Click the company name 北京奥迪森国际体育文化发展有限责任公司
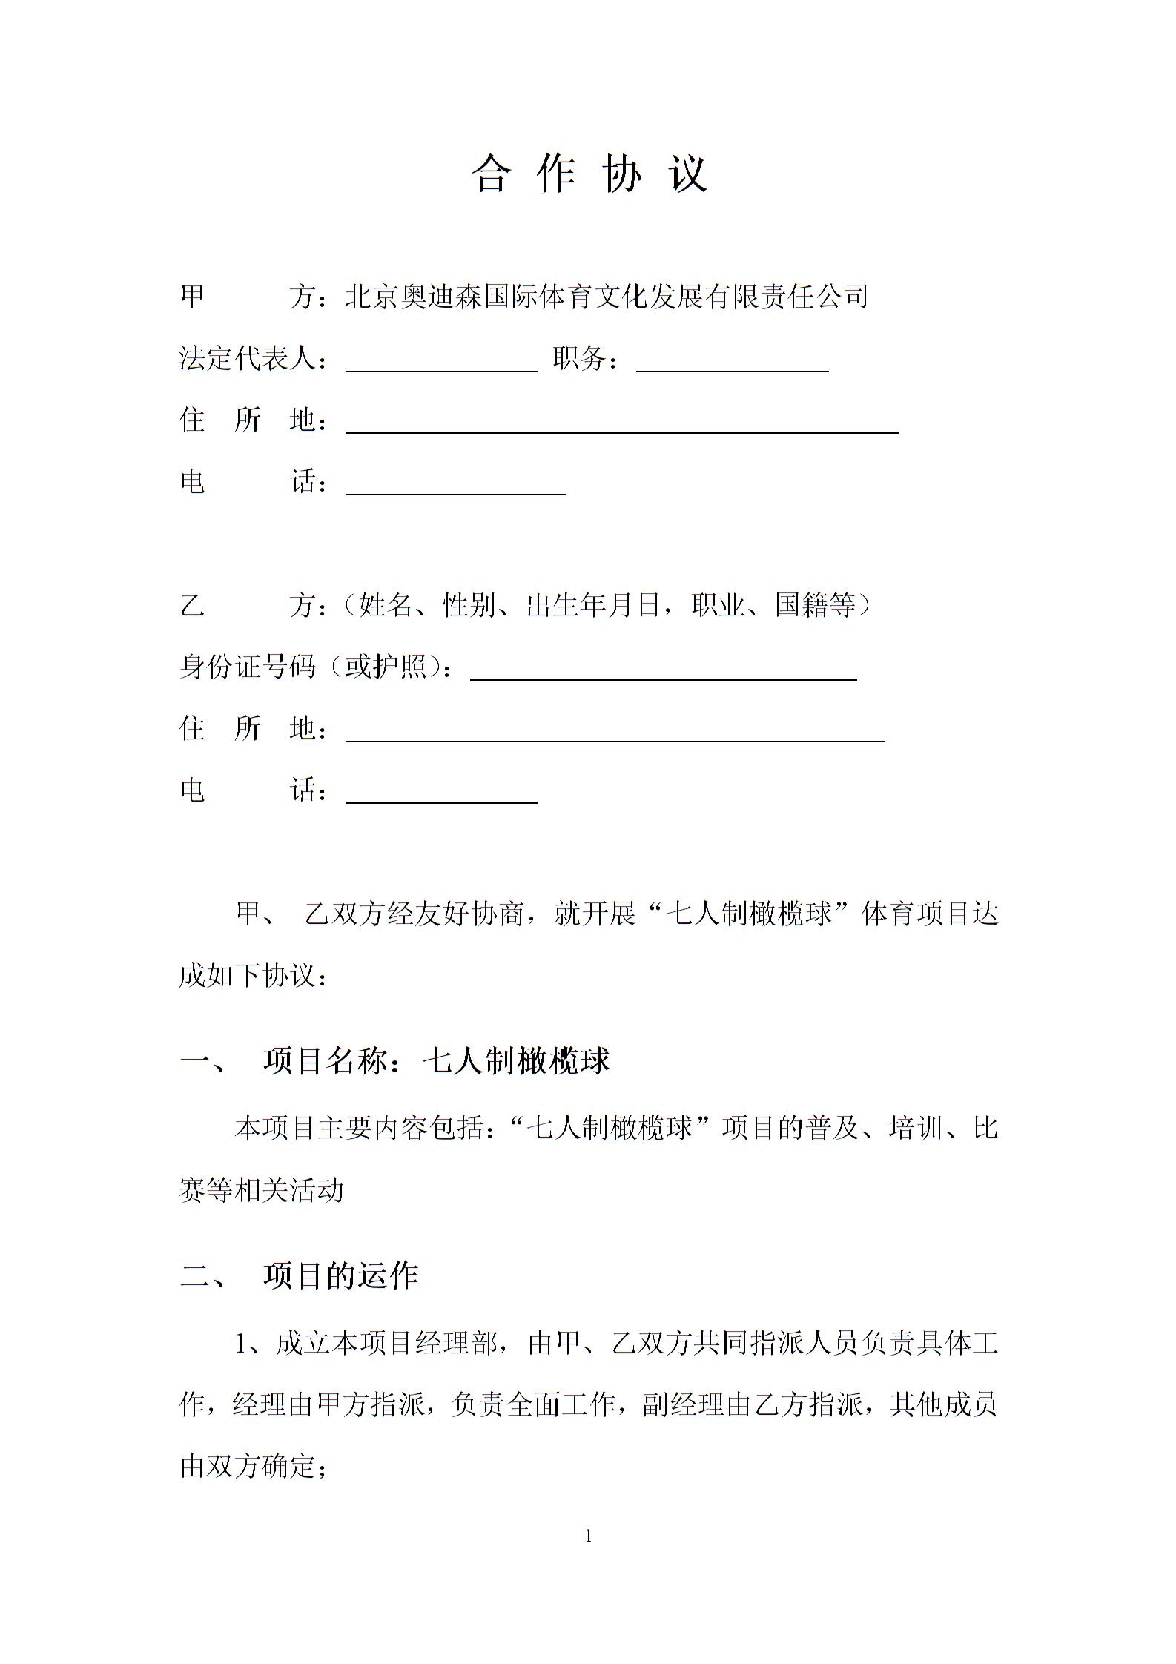pyautogui.click(x=607, y=297)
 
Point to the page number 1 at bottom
pyautogui.click(x=589, y=1536)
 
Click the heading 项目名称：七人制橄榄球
pyautogui.click(x=435, y=1062)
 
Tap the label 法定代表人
pyautogui.click(x=248, y=359)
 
